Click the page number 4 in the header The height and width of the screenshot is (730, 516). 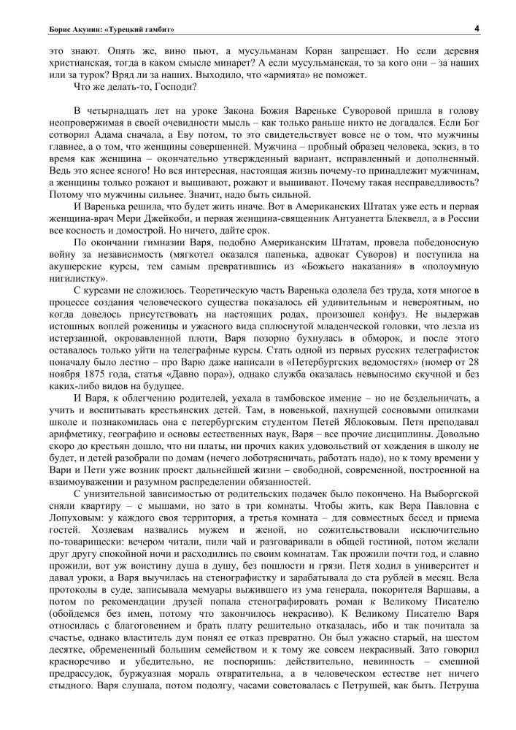[x=475, y=28]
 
